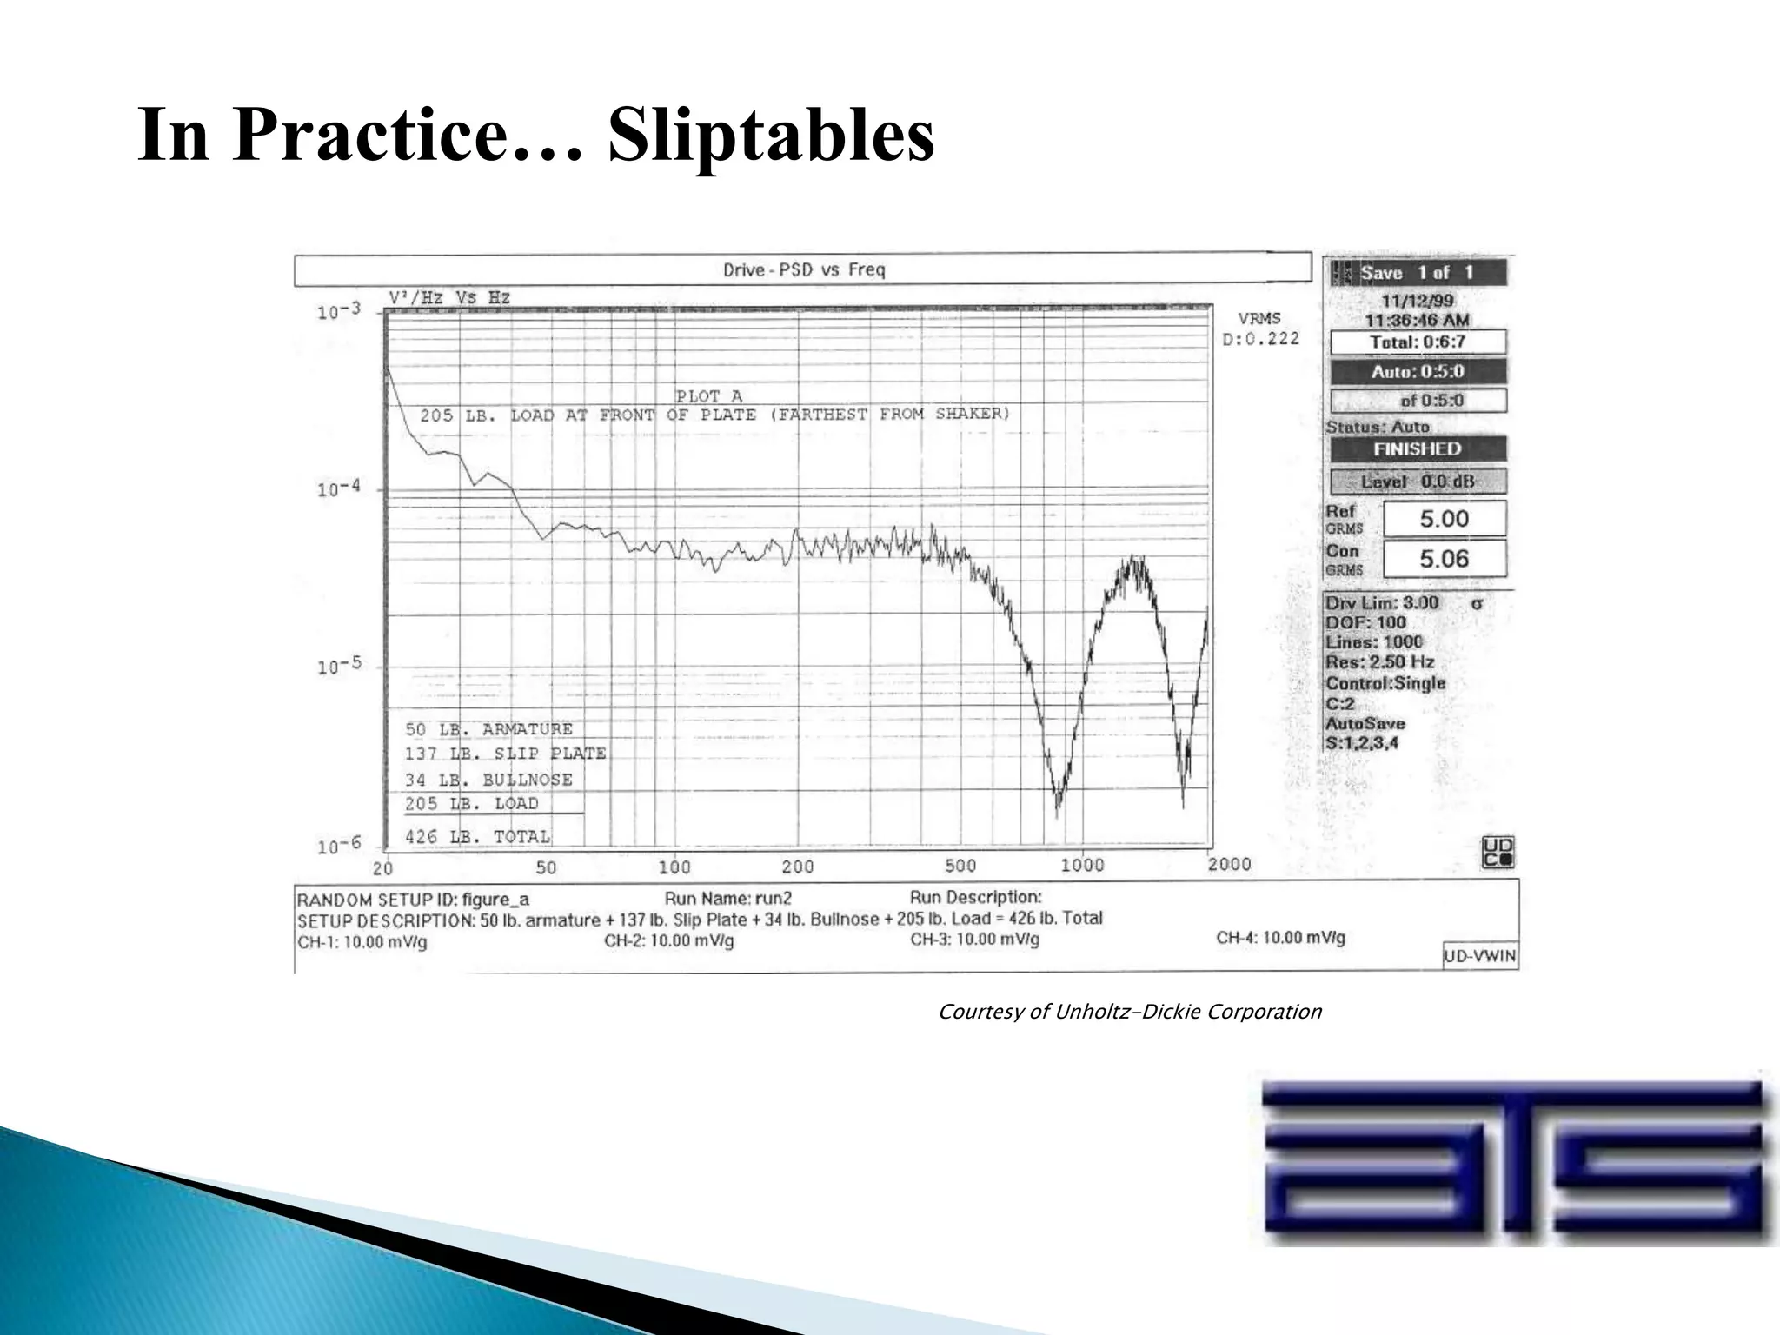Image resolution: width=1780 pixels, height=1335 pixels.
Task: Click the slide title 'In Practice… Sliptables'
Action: pos(535,136)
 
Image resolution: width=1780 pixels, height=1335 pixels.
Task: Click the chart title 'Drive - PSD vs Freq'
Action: pos(803,270)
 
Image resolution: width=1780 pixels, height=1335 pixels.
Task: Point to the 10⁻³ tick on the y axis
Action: pos(339,311)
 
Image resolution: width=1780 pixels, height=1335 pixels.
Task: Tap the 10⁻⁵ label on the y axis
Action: pos(339,667)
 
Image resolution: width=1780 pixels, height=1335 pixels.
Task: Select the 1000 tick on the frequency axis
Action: pos(1081,865)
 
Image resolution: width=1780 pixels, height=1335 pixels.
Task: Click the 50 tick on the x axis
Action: pos(546,867)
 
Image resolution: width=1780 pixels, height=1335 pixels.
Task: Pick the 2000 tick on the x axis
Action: pos(1229,864)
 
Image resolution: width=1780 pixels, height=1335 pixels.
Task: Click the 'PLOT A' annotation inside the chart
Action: pos(709,396)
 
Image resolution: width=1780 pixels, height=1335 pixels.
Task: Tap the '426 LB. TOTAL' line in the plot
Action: pos(477,837)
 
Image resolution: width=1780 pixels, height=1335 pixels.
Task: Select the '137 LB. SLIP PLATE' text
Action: pos(505,754)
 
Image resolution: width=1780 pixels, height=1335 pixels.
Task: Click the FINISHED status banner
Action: pos(1418,449)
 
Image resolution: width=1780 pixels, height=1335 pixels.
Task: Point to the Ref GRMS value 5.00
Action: pos(1444,519)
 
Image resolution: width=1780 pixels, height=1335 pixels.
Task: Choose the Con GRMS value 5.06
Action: pos(1444,559)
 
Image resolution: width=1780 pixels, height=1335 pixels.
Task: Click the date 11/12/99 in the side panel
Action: pos(1417,301)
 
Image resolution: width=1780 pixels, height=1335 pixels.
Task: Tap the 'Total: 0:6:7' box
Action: pos(1418,342)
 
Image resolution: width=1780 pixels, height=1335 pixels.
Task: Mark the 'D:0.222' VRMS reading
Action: pos(1260,339)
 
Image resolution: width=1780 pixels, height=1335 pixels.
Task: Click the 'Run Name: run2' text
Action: pos(728,899)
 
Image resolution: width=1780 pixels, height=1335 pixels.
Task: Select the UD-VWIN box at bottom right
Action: pos(1479,956)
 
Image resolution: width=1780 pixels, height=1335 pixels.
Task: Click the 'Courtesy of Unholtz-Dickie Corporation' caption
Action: pos(1129,1012)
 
